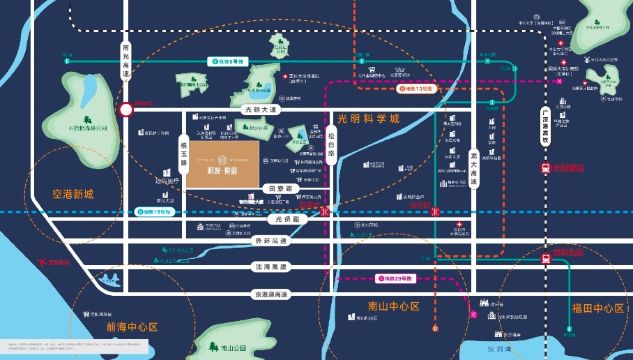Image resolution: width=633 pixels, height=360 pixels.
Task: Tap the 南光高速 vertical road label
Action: [126, 61]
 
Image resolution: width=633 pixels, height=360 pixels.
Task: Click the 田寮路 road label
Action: [280, 188]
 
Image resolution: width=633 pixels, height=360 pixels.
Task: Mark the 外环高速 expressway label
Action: [271, 241]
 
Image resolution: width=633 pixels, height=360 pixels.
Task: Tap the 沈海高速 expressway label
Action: [271, 267]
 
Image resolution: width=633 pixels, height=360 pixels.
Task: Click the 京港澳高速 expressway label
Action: [271, 295]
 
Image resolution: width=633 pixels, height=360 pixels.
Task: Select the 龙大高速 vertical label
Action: [474, 167]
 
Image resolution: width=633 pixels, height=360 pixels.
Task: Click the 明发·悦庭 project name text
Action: [222, 171]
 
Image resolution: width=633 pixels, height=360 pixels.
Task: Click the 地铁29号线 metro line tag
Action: [395, 279]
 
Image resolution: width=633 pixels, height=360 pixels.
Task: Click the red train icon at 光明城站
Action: [545, 168]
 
